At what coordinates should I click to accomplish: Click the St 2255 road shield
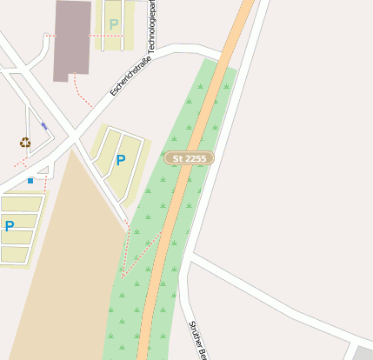(x=190, y=158)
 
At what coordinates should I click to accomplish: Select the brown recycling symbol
(x=25, y=143)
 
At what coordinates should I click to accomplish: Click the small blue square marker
(x=30, y=181)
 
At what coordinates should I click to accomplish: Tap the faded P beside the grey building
(x=114, y=23)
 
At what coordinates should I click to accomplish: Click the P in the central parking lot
(x=120, y=160)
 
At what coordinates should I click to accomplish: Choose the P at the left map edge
(x=10, y=226)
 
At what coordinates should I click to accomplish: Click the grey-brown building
(x=72, y=39)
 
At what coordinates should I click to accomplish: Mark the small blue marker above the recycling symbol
(x=44, y=127)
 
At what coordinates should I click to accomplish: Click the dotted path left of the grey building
(x=50, y=36)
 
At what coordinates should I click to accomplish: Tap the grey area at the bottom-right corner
(x=363, y=353)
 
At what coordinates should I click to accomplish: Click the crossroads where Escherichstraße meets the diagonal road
(x=74, y=136)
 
